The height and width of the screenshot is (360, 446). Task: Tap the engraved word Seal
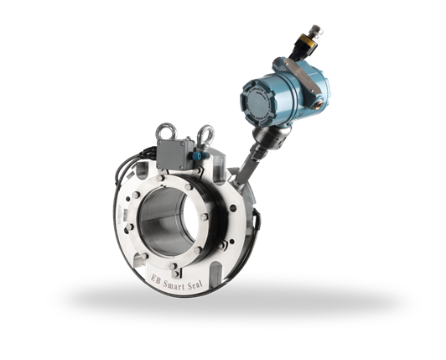pyautogui.click(x=194, y=284)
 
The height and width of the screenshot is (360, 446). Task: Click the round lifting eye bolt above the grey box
pyautogui.click(x=166, y=131)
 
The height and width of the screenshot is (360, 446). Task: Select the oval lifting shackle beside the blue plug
pyautogui.click(x=205, y=137)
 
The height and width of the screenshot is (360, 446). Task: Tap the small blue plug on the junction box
pyautogui.click(x=197, y=155)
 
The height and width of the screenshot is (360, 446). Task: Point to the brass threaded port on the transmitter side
pyautogui.click(x=317, y=105)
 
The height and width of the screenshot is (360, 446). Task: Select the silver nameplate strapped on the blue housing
pyautogui.click(x=303, y=76)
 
